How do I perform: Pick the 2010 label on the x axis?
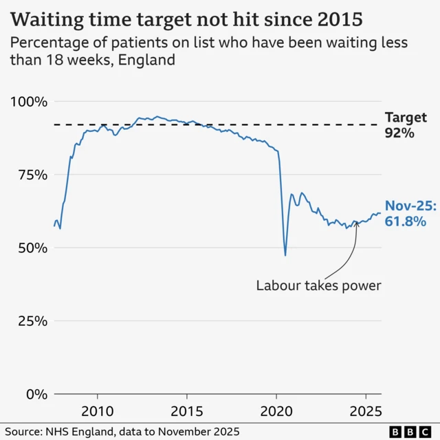point(98,412)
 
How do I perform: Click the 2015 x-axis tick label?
point(186,412)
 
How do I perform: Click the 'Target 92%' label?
point(406,125)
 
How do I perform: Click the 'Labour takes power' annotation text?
point(318,285)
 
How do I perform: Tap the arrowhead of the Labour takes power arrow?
point(356,222)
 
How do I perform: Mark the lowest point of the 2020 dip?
point(285,256)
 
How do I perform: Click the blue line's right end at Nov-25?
point(380,213)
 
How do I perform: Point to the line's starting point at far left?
point(54,225)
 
